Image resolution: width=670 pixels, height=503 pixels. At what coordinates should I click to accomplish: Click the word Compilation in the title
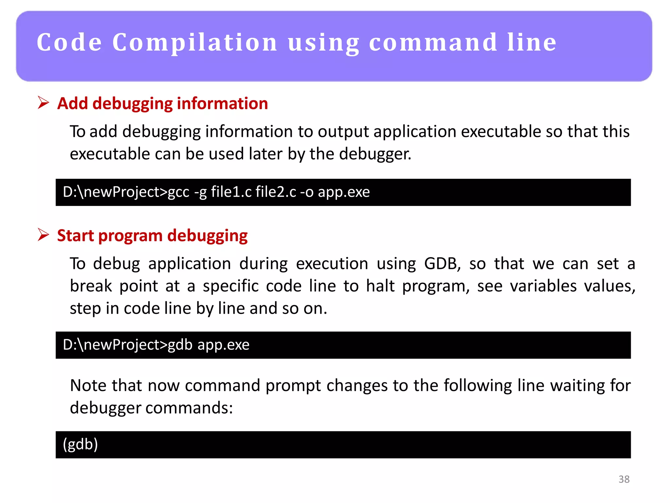(x=195, y=43)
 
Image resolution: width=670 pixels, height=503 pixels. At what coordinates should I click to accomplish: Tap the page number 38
(x=624, y=479)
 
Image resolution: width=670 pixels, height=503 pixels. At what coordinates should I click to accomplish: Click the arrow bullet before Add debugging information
(x=43, y=103)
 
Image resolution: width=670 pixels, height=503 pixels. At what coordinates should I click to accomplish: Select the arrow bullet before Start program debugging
(x=43, y=235)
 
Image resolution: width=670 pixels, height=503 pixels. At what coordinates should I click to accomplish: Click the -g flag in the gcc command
(x=201, y=192)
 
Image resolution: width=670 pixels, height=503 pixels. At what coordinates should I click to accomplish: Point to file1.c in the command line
(x=231, y=192)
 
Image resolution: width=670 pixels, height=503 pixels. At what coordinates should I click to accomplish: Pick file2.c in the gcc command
(x=276, y=192)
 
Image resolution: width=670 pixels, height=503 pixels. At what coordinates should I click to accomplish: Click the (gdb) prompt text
(x=80, y=444)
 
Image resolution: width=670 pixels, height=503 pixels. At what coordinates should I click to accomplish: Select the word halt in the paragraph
(x=380, y=286)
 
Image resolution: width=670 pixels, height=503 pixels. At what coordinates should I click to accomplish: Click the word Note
(x=88, y=385)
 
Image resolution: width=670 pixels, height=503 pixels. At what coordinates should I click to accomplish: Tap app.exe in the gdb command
(x=223, y=345)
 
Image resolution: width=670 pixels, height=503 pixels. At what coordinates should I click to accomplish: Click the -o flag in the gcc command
(x=307, y=192)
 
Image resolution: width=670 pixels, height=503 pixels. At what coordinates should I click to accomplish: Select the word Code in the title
(x=69, y=43)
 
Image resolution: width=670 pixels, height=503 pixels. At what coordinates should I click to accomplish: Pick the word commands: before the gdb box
(x=189, y=408)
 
